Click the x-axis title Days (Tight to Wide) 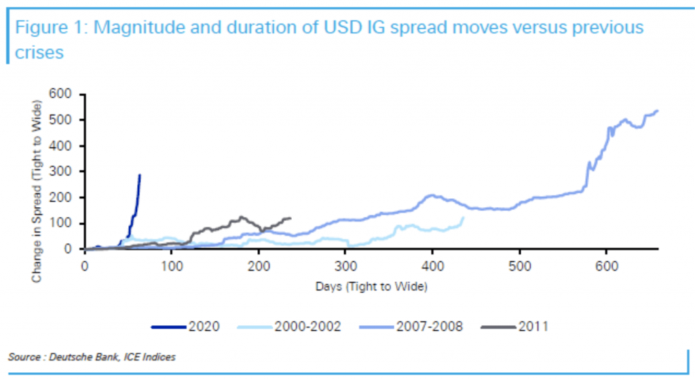tap(371, 287)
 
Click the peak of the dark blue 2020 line tap(140, 175)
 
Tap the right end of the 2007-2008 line tap(657, 111)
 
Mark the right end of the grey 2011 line tap(290, 218)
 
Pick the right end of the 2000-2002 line tap(464, 217)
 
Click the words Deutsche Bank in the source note tap(80, 357)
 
